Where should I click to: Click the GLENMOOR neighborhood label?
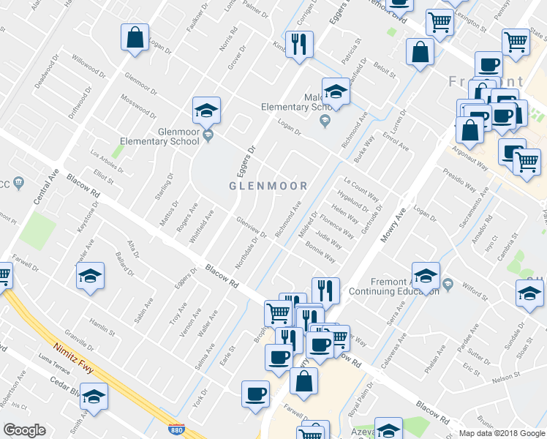267,186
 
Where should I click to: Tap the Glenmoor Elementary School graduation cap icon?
207,111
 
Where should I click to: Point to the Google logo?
24,430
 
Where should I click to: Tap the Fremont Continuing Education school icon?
426,276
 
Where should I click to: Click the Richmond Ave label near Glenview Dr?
287,219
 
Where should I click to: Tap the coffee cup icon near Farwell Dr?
255,394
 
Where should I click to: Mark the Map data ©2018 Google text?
501,433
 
